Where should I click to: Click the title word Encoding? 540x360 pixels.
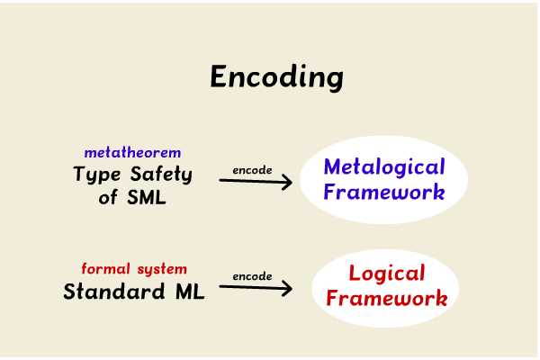point(276,77)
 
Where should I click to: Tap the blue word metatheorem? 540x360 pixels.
point(132,153)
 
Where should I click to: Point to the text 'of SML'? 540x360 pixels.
point(132,198)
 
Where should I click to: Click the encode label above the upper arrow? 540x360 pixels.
point(252,169)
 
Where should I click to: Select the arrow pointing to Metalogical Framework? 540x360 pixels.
point(256,182)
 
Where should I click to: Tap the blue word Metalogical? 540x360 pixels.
point(383,167)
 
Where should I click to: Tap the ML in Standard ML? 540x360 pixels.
point(189,292)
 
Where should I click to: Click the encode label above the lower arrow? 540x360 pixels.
point(252,276)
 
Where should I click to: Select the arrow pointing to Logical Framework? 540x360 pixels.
point(256,289)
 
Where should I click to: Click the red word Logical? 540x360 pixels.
point(386,274)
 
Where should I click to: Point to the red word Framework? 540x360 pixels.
point(386,298)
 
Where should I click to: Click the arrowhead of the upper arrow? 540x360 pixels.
point(287,182)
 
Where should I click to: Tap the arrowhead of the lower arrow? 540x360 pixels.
point(287,289)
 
